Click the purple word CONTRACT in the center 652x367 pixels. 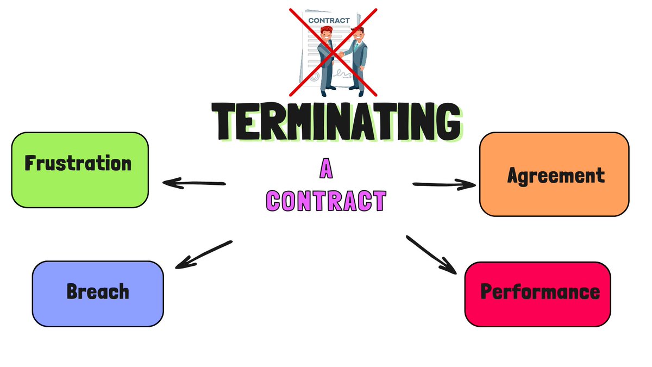click(326, 201)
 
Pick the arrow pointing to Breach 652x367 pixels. click(204, 254)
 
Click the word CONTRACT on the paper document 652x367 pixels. click(329, 21)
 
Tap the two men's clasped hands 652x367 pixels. click(341, 54)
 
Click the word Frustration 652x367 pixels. click(78, 163)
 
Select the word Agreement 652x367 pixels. click(555, 176)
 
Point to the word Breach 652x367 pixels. click(98, 291)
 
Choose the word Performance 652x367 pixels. click(540, 292)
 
